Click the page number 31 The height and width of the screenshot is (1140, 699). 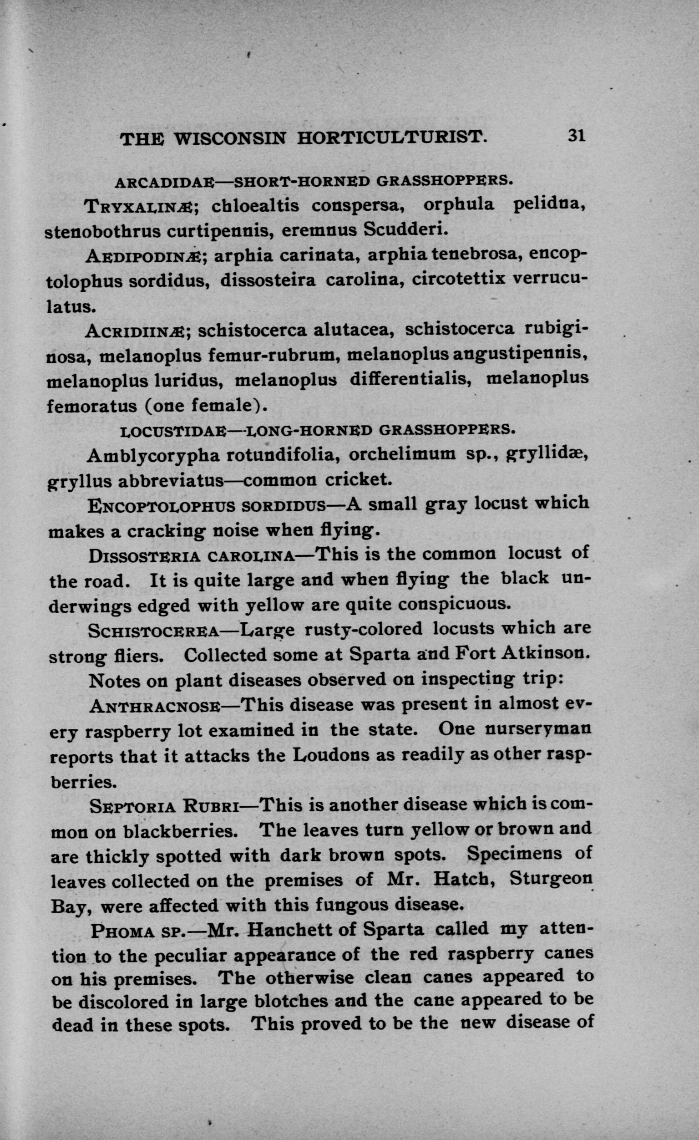[577, 136]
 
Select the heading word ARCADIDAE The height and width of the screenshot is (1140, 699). [164, 182]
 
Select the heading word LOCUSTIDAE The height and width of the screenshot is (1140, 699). [172, 431]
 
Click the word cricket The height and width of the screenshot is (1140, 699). [358, 479]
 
